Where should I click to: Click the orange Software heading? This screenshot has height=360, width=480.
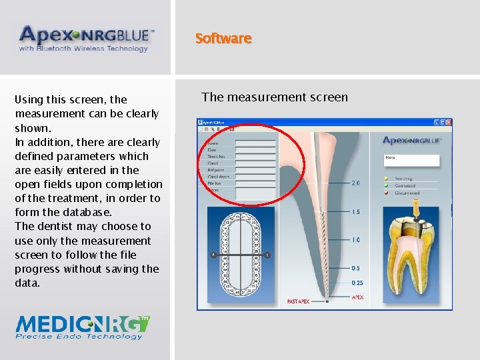[x=223, y=39]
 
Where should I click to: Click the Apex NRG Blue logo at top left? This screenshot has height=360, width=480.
[x=86, y=39]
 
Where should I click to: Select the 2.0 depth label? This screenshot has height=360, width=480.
[x=355, y=183]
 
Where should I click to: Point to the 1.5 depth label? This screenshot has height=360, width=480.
[x=355, y=212]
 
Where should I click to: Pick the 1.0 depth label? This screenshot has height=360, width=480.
[x=355, y=240]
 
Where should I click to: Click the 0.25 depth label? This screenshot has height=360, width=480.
[x=357, y=283]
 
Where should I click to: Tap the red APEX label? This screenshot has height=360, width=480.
[x=357, y=297]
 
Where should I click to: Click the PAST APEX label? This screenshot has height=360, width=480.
[x=299, y=302]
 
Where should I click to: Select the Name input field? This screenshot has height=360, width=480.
[x=255, y=143]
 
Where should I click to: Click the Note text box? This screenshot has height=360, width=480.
[x=411, y=160]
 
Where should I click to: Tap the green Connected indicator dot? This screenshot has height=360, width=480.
[x=386, y=185]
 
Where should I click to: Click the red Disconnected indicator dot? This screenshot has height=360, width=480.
[x=386, y=193]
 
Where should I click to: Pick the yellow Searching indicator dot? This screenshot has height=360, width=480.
[x=386, y=179]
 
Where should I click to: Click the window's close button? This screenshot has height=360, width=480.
[x=449, y=122]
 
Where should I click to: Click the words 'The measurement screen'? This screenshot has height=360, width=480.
[x=275, y=97]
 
